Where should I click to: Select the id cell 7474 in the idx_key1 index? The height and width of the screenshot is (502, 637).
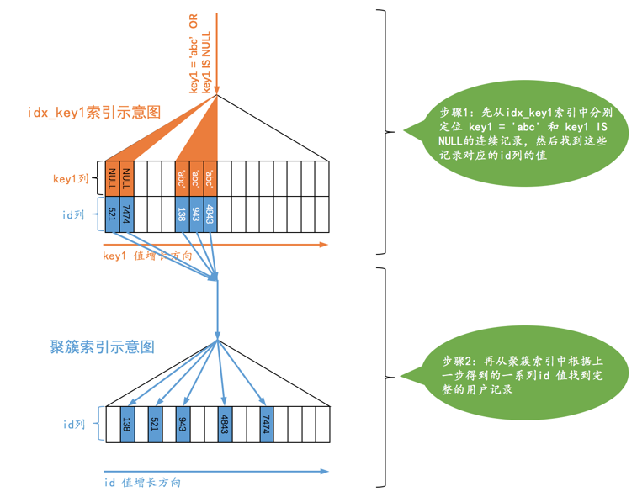click(x=126, y=214)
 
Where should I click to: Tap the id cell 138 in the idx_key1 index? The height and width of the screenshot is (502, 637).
click(x=182, y=214)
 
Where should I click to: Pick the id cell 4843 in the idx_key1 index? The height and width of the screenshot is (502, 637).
click(x=210, y=214)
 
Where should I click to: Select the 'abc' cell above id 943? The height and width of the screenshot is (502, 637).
click(x=196, y=178)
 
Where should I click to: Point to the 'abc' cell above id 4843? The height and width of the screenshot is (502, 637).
click(x=210, y=178)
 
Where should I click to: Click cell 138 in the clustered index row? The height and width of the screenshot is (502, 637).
click(x=126, y=424)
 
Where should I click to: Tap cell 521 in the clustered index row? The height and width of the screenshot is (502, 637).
click(x=154, y=424)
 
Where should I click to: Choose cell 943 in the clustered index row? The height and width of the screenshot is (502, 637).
click(x=182, y=424)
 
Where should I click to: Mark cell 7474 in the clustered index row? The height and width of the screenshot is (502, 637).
click(x=265, y=424)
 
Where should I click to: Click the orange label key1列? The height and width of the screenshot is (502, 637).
click(x=70, y=178)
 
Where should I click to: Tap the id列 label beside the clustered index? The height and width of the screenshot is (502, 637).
click(x=75, y=425)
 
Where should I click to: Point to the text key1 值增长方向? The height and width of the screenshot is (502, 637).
click(x=147, y=256)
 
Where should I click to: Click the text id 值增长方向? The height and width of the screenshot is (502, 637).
click(x=142, y=483)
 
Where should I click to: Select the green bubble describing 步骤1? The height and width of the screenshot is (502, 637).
click(x=517, y=130)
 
